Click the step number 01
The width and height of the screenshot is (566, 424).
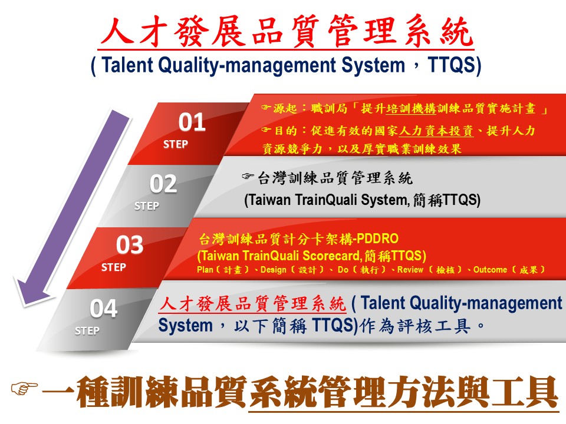(x=192, y=122)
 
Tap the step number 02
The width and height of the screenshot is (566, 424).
(x=163, y=184)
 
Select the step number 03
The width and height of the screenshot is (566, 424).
(x=130, y=245)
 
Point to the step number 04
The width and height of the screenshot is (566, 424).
(x=104, y=309)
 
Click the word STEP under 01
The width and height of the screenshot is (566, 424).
(x=176, y=144)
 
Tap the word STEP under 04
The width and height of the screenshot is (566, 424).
(x=87, y=330)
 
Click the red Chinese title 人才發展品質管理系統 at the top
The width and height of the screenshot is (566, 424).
(x=287, y=31)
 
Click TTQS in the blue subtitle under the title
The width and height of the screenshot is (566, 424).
(x=452, y=65)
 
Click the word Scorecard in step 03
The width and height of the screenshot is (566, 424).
(x=332, y=256)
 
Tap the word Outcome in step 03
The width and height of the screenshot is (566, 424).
(x=490, y=270)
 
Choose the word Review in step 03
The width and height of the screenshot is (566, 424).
(x=410, y=270)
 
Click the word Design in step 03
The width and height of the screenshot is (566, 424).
(x=273, y=270)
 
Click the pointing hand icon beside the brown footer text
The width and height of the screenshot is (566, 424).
(x=24, y=388)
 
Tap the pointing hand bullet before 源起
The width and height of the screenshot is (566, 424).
(x=266, y=107)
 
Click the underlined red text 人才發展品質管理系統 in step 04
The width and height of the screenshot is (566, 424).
(x=252, y=304)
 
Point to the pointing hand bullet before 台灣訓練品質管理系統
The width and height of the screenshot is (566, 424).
(x=248, y=176)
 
